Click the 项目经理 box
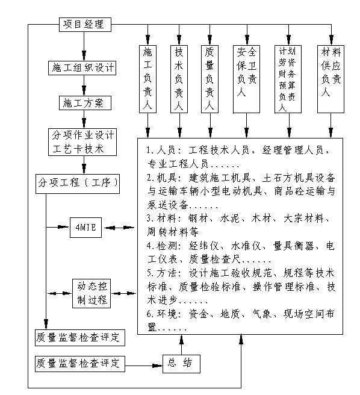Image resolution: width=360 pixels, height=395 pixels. coord(85,25)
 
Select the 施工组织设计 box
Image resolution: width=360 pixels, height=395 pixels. coord(82,68)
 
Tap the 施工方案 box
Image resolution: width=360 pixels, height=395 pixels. coord(85,103)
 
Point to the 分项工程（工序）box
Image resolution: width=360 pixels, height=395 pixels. coord(77,184)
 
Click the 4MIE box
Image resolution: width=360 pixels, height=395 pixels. coord(85,228)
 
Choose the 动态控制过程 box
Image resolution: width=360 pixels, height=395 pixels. coord(92,293)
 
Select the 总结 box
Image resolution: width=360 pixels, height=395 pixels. coord(181,364)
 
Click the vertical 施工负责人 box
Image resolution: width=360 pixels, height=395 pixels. coord(147,79)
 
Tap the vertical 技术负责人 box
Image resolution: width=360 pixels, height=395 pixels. coord(179,79)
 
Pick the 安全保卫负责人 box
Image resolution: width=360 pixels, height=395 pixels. coord(246,79)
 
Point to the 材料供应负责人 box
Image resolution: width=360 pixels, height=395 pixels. coord(331,79)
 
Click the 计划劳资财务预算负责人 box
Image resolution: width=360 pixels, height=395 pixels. coord(288,79)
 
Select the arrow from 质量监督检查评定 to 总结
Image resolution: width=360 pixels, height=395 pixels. coord(144,365)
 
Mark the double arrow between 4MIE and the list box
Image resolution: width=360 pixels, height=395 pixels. coord(119,228)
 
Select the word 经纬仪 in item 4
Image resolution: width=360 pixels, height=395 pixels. coord(203,246)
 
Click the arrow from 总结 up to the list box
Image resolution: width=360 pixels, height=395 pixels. coord(181,344)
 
